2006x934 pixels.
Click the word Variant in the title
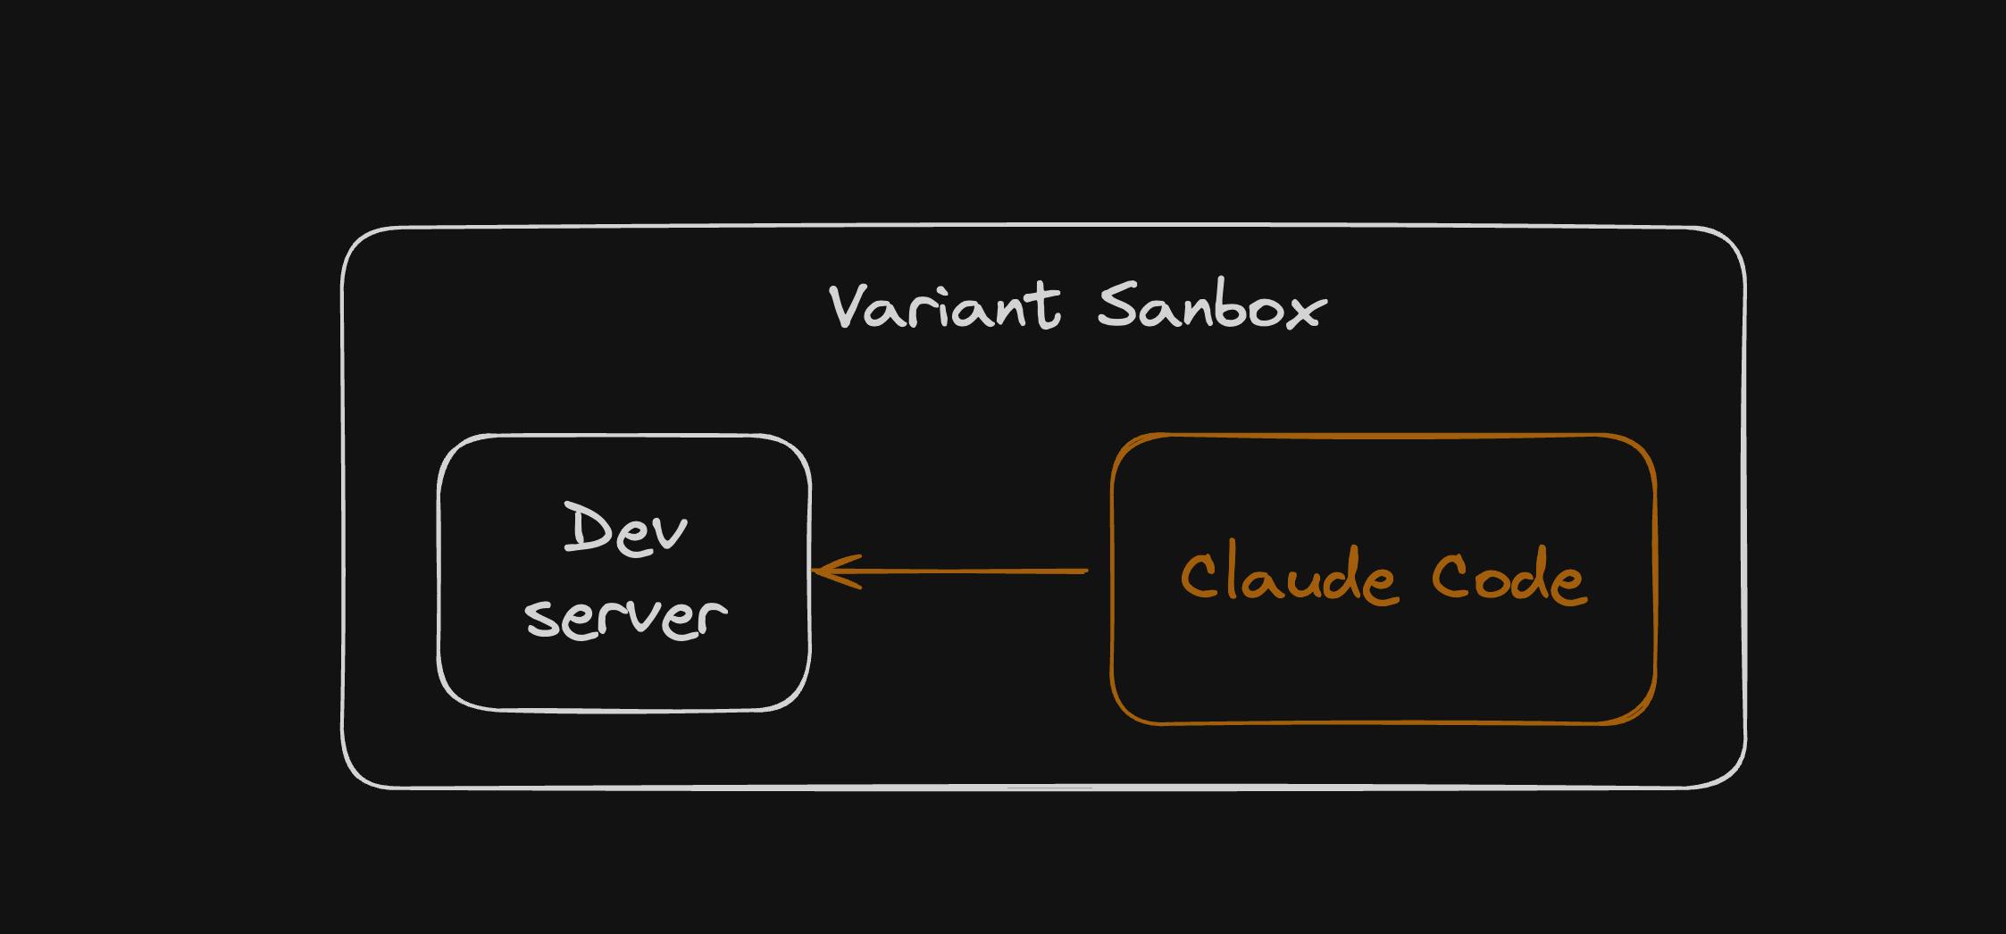coord(945,307)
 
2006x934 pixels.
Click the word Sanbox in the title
coord(1211,307)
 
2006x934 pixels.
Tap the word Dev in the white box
coord(625,529)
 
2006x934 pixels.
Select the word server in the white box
coord(625,616)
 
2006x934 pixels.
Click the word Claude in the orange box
coord(1287,576)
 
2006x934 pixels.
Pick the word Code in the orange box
coord(1509,576)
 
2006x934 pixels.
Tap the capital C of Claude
coord(1200,577)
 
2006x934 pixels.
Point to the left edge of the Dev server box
coord(439,571)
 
